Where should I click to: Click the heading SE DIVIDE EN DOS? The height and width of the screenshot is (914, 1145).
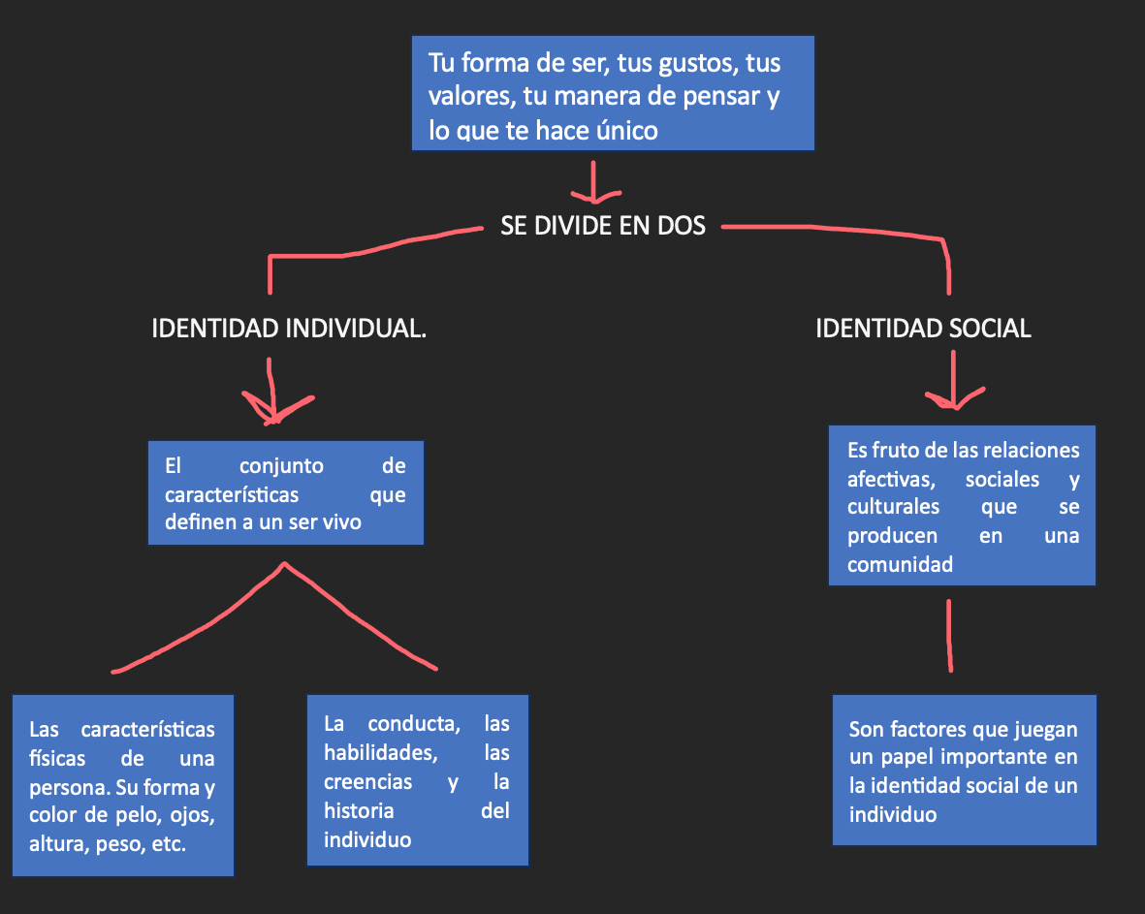pos(603,226)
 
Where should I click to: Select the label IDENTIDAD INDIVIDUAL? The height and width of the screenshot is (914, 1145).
pos(289,329)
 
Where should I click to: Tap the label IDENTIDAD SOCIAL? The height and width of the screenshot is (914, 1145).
pos(923,329)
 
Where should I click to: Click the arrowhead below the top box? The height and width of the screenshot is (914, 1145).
pos(595,196)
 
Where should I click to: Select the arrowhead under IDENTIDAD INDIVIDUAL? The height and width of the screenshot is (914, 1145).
pos(276,409)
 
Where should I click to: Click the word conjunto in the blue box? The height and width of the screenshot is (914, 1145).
pos(281,466)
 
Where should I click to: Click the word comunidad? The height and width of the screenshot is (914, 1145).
pos(900,564)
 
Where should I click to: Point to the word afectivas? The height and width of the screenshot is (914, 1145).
pos(891,480)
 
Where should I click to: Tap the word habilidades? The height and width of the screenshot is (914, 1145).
pos(380,753)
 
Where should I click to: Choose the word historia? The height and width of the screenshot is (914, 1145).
pos(359,810)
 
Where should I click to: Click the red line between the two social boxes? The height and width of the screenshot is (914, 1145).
pos(949,635)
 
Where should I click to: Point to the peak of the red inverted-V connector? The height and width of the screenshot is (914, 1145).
pos(285,563)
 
